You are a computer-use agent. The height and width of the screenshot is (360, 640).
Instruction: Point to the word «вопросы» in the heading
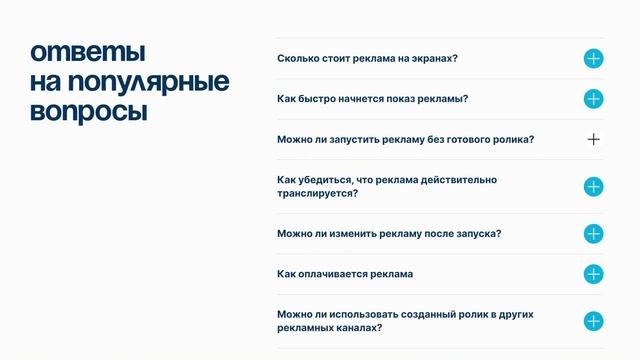point(88,111)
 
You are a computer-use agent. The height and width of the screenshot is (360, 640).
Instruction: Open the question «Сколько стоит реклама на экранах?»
point(367,58)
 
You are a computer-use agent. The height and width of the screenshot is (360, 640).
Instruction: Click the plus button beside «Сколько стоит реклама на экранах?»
point(593,59)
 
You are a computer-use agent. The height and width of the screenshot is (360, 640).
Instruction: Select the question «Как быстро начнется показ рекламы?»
point(373,98)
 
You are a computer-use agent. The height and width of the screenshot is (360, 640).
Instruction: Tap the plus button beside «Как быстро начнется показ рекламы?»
point(593,99)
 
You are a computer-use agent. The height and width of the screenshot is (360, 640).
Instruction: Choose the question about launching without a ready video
point(405,139)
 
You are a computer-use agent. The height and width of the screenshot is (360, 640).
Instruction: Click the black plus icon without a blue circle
point(593,139)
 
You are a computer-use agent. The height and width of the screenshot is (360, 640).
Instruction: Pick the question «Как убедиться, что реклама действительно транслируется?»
point(387,186)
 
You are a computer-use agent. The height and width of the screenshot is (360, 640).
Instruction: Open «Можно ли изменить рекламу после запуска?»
point(389,233)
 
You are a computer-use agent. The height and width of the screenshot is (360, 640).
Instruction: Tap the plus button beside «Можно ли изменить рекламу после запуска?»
point(593,234)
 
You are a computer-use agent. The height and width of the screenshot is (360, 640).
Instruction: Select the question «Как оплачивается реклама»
point(345,273)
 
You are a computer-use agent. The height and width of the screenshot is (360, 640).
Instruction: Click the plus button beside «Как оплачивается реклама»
point(593,274)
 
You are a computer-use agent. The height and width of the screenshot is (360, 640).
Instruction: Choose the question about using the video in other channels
point(405,320)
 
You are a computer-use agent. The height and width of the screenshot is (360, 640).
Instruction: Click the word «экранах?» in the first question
point(435,58)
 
